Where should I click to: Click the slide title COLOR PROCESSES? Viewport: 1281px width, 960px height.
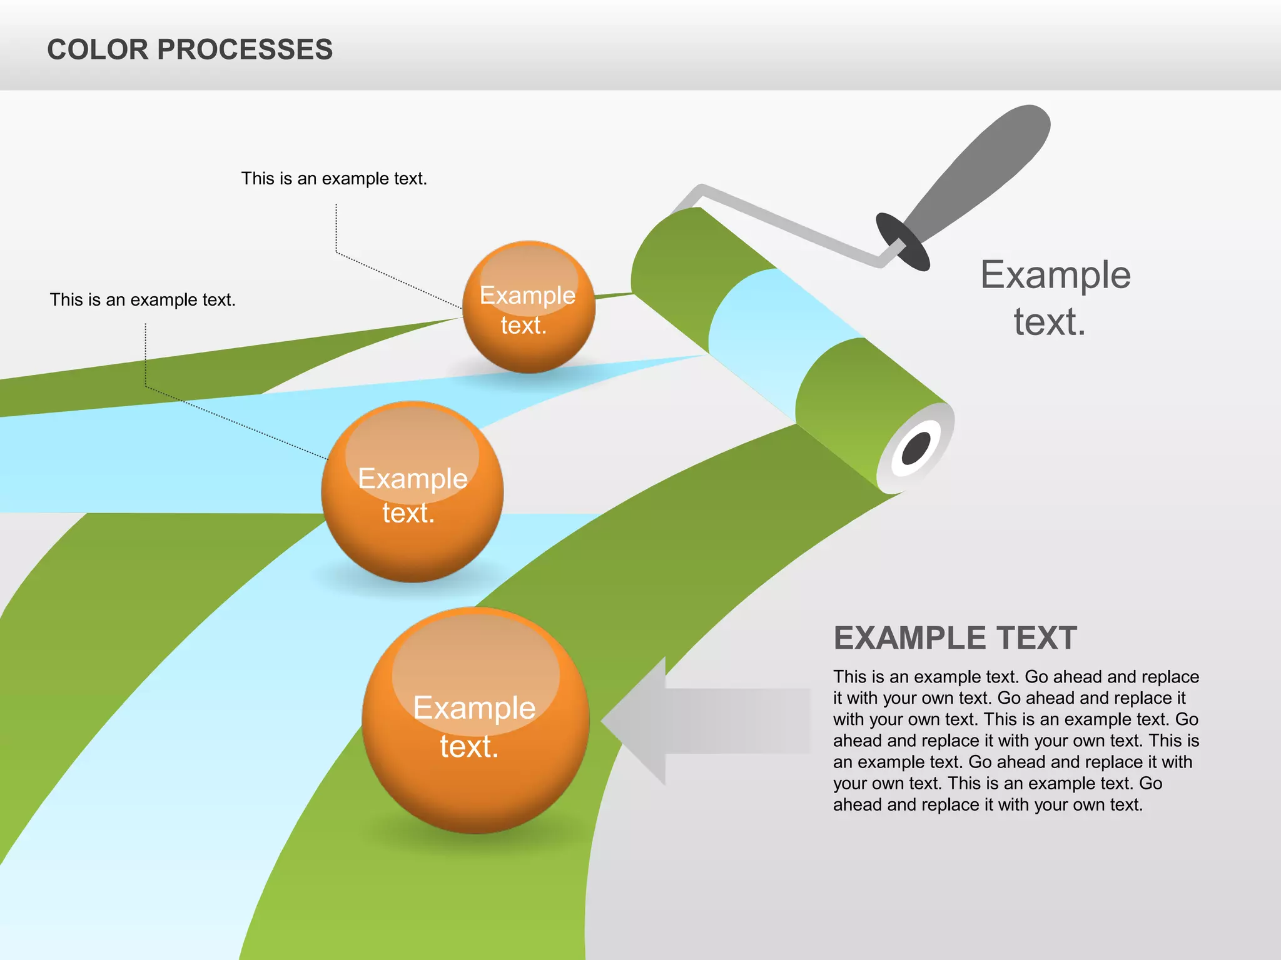pyautogui.click(x=190, y=49)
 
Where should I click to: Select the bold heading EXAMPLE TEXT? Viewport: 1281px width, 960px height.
pyautogui.click(x=955, y=638)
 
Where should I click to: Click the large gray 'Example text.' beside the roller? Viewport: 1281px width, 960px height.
pyautogui.click(x=1055, y=298)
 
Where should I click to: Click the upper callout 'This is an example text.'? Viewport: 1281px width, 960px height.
pyautogui.click(x=334, y=179)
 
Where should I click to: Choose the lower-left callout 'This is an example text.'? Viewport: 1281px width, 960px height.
pyautogui.click(x=143, y=300)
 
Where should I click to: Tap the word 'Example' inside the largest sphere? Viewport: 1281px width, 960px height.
pyautogui.click(x=474, y=707)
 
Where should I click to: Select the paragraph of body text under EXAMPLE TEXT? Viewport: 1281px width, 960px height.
pyautogui.click(x=1016, y=741)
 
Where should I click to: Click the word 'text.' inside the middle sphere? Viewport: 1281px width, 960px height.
pyautogui.click(x=408, y=513)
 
